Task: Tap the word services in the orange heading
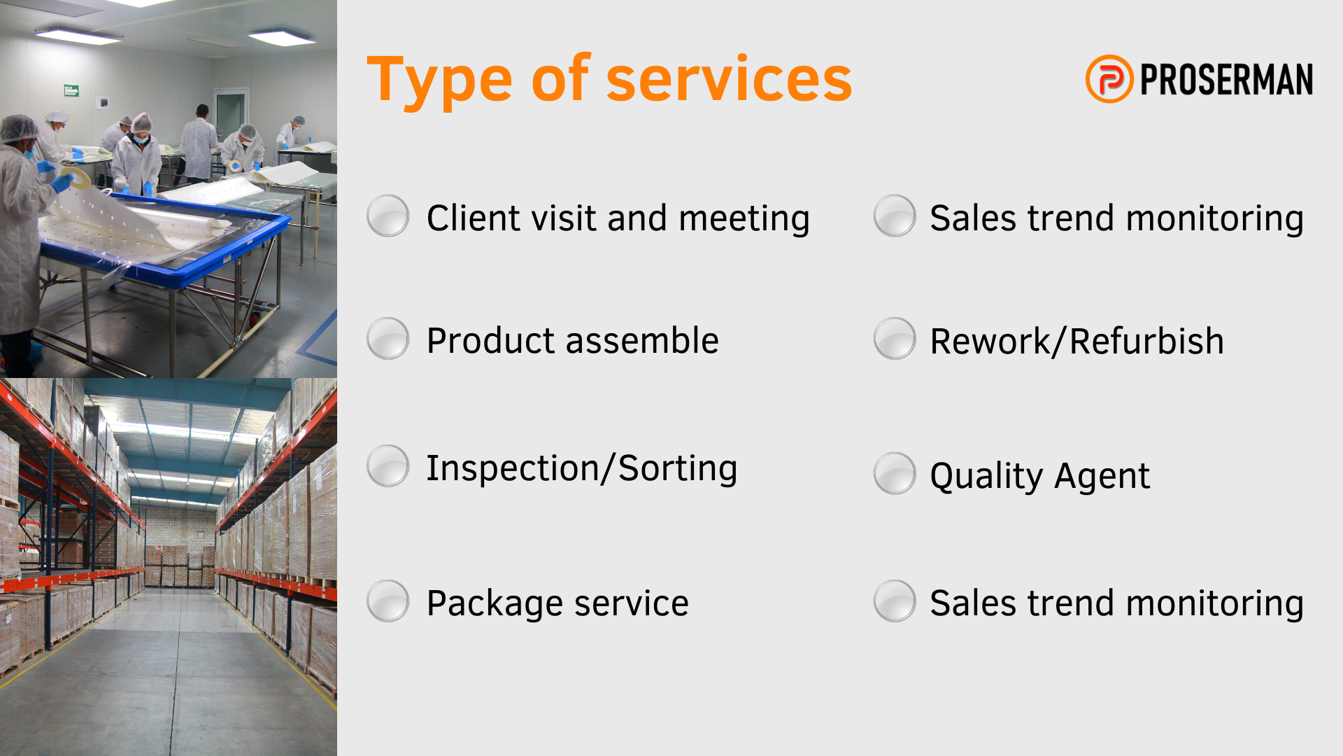729,80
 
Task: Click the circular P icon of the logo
1109,79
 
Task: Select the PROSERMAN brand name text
1227,79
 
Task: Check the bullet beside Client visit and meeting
388,216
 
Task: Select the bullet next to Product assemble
388,339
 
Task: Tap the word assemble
642,341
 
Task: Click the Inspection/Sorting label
582,468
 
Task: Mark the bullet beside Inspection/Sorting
388,466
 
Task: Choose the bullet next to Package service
388,601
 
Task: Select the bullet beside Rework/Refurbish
895,339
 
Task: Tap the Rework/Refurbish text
1077,342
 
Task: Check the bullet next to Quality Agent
895,473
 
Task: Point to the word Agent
1102,477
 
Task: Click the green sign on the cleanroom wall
71,90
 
